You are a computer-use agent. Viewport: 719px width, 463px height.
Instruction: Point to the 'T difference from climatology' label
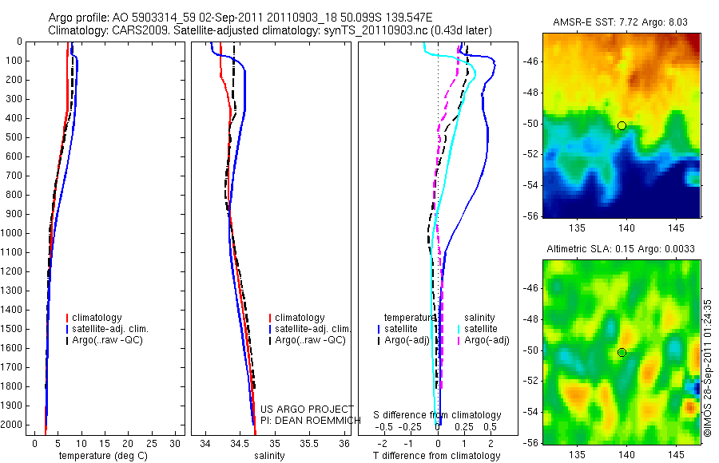coord(436,456)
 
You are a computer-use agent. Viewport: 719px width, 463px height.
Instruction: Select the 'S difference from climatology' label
coord(437,415)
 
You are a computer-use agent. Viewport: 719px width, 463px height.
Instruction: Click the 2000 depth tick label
coord(11,425)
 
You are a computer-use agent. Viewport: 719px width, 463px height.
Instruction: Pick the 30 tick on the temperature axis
coord(176,442)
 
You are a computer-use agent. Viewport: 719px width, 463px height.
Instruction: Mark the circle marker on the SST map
coord(622,125)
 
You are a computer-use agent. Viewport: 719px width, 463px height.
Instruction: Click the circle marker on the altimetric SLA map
coord(622,352)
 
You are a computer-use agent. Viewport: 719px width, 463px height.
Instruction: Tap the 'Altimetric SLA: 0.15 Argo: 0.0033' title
coord(621,249)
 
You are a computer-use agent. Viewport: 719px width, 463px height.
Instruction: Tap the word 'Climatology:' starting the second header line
coord(76,30)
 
